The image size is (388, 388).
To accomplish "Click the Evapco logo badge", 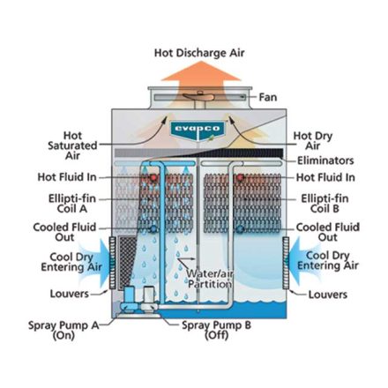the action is (x=198, y=131).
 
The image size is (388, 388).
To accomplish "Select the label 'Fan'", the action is (x=268, y=97).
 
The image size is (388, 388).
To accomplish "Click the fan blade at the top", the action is (x=198, y=97).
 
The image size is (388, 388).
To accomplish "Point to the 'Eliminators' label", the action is (x=325, y=160).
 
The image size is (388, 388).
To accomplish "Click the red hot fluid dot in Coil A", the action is (x=153, y=177).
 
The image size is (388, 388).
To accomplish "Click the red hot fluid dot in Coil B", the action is (x=241, y=177).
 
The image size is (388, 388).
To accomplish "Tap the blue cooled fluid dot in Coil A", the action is (x=153, y=228).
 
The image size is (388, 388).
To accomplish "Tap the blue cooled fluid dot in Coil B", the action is (x=241, y=228).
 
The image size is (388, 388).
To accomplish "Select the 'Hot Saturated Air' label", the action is (x=72, y=145).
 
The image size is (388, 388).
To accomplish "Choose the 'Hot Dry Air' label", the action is (x=313, y=140).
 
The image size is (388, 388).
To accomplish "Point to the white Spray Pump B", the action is (x=148, y=298).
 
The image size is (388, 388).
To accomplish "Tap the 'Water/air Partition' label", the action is (x=209, y=279).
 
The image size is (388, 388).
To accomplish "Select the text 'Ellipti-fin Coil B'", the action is (x=325, y=204).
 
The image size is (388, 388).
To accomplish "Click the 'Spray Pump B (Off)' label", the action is (x=216, y=330).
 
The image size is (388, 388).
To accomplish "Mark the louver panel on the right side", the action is (x=286, y=263).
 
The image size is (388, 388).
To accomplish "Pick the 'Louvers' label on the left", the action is (x=70, y=294).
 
